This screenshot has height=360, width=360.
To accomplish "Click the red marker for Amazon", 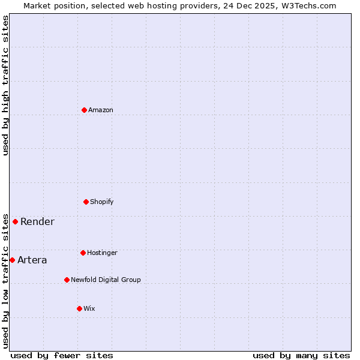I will [84, 110].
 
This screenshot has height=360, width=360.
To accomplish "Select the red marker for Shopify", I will [86, 202].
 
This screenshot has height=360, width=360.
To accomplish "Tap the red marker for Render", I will [15, 221].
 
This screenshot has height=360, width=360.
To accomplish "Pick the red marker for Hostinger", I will [83, 253].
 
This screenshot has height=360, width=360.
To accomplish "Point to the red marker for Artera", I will [12, 260].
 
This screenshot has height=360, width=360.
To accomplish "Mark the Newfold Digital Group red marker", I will [67, 280].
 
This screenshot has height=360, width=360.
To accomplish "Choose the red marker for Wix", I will [79, 308].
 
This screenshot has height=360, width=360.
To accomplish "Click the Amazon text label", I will [101, 110].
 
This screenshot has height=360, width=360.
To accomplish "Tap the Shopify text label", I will [102, 202].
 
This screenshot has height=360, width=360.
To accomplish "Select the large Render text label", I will [37, 221].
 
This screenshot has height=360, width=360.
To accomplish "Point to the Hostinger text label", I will [102, 253].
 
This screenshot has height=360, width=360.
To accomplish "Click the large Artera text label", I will [32, 260].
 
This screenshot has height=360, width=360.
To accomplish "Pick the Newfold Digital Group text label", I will [106, 280].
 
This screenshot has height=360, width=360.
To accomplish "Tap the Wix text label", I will [89, 308].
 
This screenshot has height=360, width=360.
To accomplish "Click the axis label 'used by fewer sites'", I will [62, 355].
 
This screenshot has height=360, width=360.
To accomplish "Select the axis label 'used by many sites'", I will [301, 355].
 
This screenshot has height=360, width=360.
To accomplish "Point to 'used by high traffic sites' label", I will [5, 85].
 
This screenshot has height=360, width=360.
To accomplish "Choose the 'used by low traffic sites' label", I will [5, 281].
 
